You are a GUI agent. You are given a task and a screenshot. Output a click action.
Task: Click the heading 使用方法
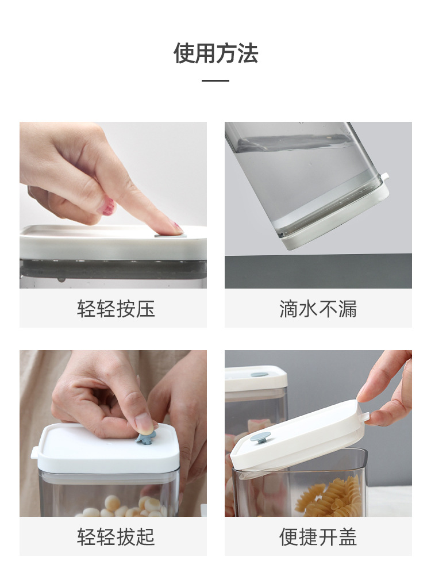pyautogui.click(x=215, y=53)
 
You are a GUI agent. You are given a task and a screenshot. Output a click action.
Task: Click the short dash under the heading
pyautogui.click(x=215, y=80)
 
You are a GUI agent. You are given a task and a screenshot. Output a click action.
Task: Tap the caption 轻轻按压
pyautogui.click(x=116, y=309)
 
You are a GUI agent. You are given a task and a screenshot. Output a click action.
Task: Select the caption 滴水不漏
pyautogui.click(x=318, y=309)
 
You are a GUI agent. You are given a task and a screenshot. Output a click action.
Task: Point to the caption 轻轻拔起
pyautogui.click(x=116, y=537)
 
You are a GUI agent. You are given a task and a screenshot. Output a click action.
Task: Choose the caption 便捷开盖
pyautogui.click(x=318, y=537)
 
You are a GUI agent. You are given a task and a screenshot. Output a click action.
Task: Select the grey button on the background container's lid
pyautogui.click(x=259, y=375)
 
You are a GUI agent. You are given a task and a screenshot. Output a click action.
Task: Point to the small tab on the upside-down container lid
pyautogui.click(x=385, y=176)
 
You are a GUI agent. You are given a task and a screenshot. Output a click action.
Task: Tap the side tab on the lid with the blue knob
pyautogui.click(x=35, y=453)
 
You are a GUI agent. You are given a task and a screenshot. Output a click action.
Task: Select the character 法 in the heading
pyautogui.click(x=248, y=53)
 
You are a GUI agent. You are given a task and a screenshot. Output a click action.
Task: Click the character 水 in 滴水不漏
pyautogui.click(x=308, y=309)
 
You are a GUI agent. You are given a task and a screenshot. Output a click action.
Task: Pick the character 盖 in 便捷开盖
pyautogui.click(x=347, y=537)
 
